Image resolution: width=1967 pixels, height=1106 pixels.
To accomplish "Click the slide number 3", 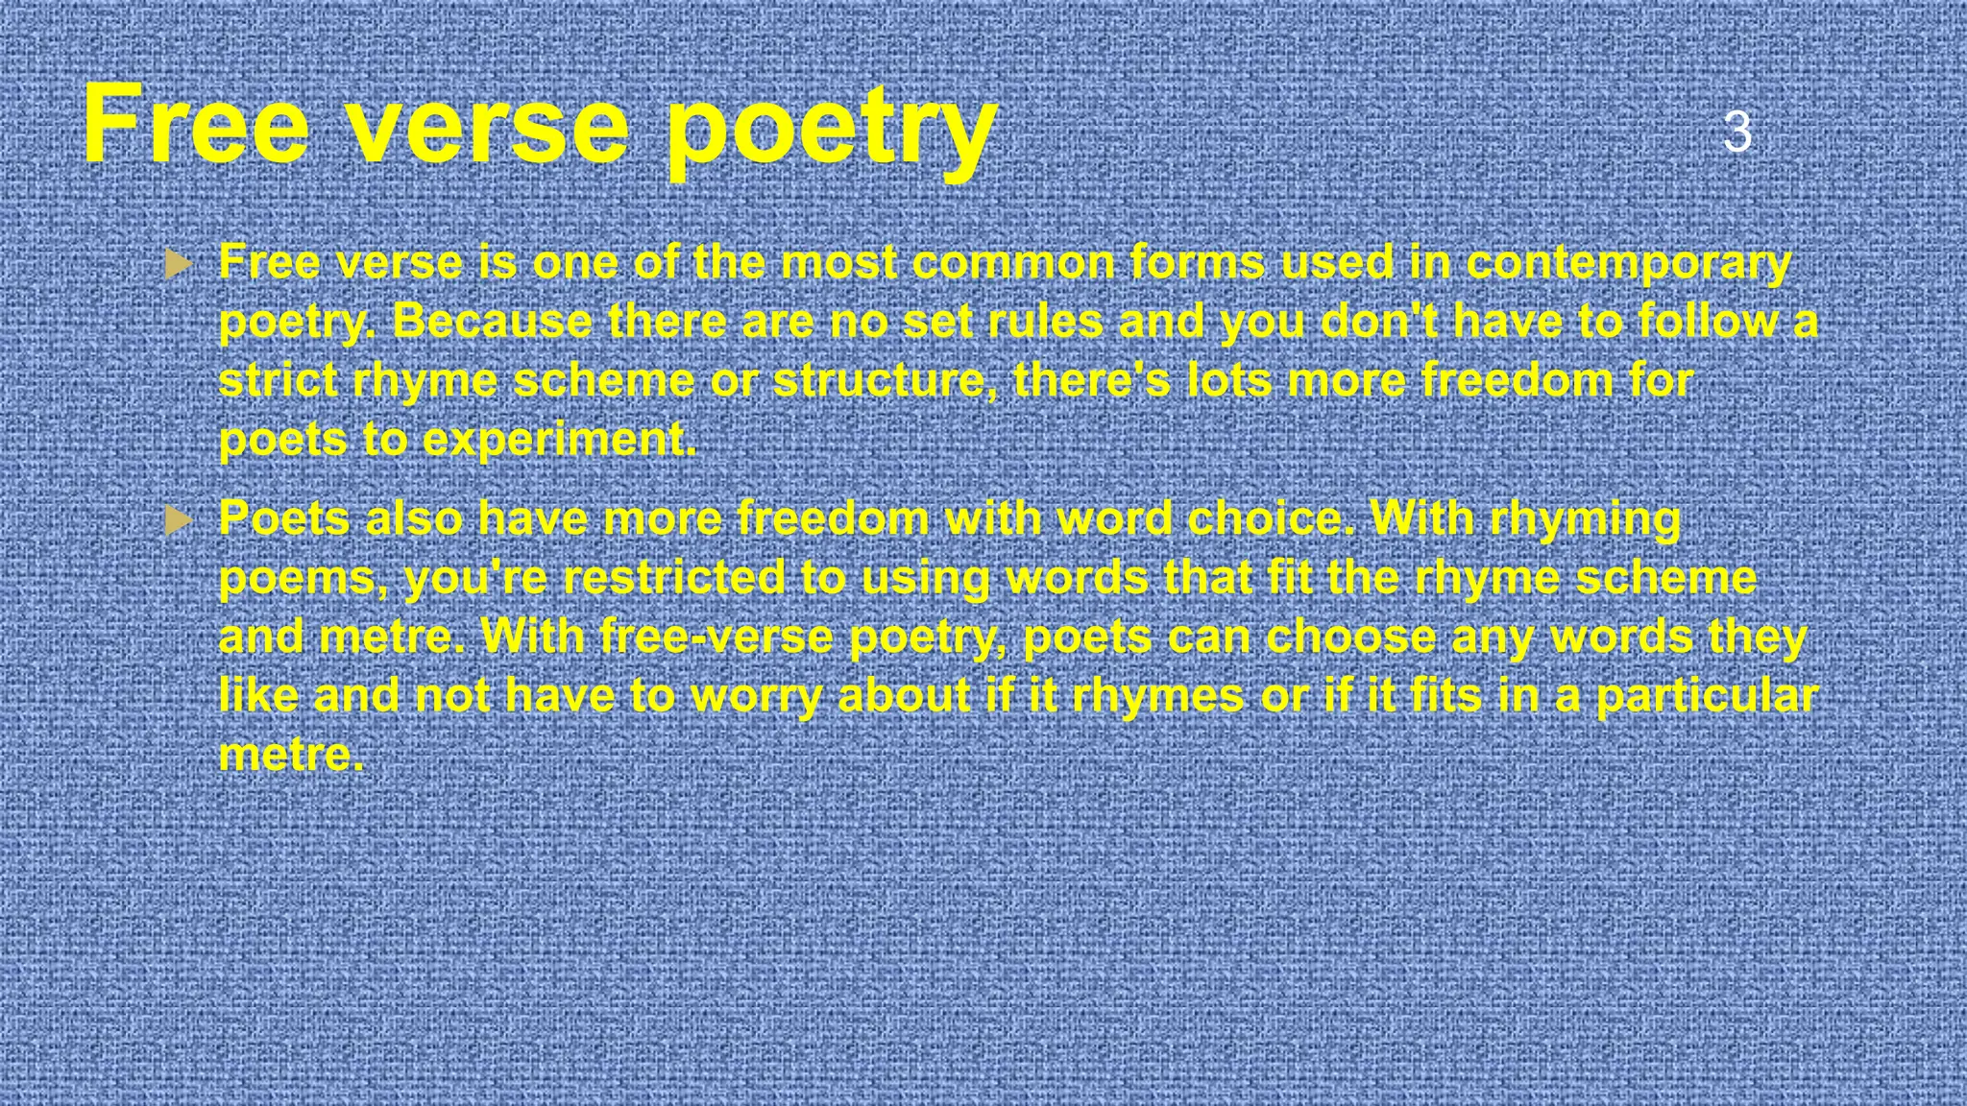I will tap(1737, 132).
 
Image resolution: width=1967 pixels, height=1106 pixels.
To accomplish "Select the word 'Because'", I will tap(492, 321).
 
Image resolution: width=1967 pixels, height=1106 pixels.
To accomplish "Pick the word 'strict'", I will tap(278, 380).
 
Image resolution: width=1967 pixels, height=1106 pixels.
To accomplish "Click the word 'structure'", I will tap(880, 380).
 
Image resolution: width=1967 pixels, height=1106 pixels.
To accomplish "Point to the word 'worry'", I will tap(756, 697).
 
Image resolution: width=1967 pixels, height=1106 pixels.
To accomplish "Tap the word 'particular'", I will tap(1707, 697).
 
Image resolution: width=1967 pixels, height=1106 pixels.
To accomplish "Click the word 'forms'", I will tap(1197, 262).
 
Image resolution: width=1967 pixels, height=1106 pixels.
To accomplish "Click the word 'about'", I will tap(904, 695).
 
